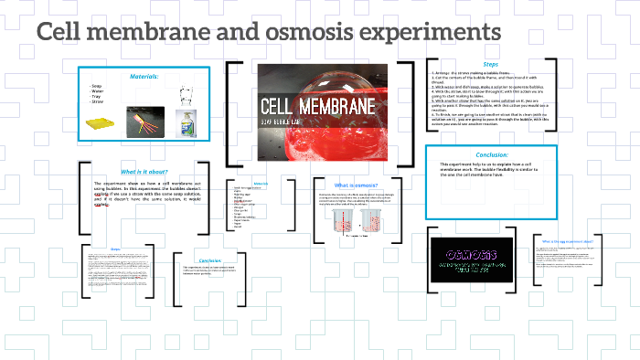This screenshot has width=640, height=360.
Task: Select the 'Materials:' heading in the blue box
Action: point(144,76)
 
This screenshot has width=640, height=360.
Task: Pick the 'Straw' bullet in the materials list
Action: point(98,101)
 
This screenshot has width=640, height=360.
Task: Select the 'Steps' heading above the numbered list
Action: point(491,64)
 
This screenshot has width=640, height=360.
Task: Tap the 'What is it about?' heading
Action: point(144,171)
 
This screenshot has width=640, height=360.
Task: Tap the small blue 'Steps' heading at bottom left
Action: point(115,249)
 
